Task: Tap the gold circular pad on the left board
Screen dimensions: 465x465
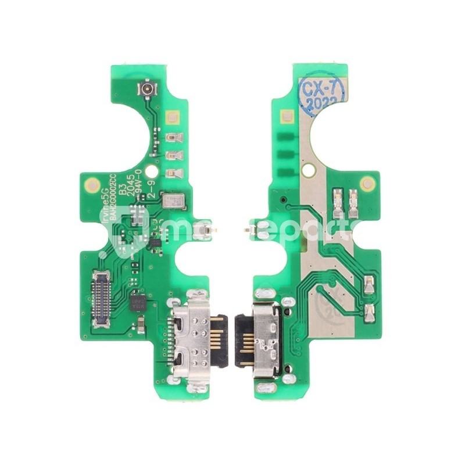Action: pos(91,185)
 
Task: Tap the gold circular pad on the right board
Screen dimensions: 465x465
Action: pos(367,184)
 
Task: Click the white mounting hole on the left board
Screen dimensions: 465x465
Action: pos(151,171)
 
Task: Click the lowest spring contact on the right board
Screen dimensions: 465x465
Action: pos(368,309)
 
